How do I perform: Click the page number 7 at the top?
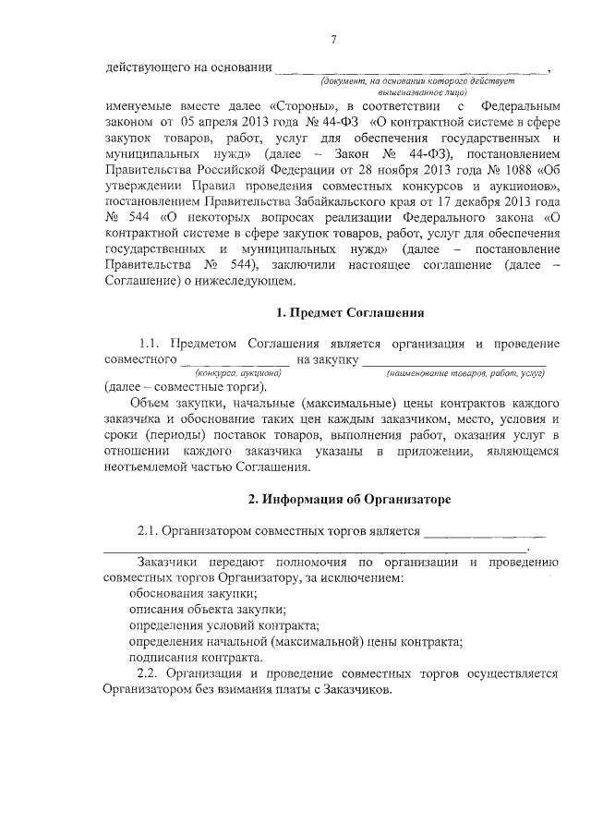[334, 39]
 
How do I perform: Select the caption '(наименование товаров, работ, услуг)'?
[465, 372]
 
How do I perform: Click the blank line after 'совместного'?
[236, 359]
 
